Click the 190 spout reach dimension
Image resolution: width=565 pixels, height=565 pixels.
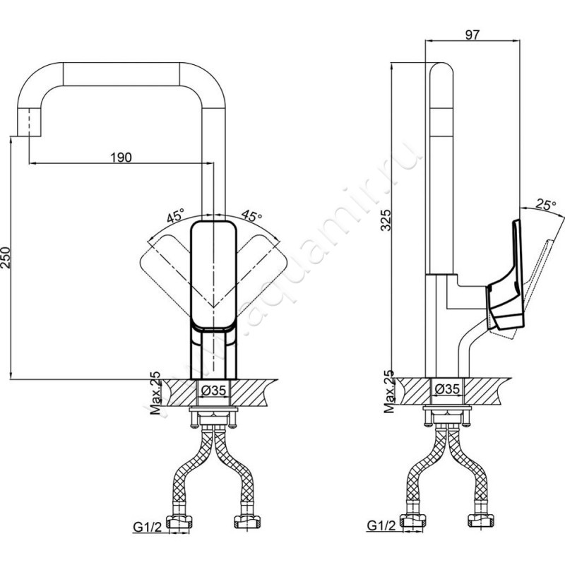pyautogui.click(x=121, y=157)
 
